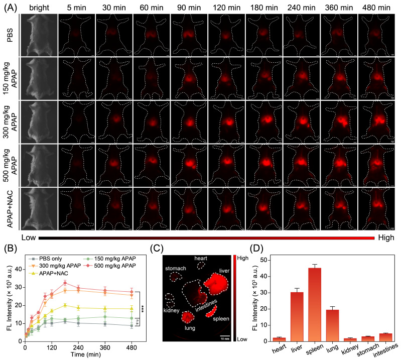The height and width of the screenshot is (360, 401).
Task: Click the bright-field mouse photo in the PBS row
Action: (39, 35)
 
